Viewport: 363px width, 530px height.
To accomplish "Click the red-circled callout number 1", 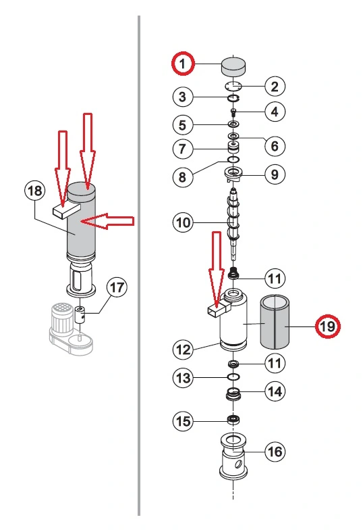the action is (x=183, y=64).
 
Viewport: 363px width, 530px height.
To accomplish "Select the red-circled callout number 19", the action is (x=327, y=326).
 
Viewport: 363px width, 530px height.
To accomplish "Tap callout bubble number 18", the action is (x=35, y=191).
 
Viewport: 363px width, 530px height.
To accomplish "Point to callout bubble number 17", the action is (x=117, y=287).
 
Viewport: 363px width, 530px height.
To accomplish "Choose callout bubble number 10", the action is (x=184, y=222).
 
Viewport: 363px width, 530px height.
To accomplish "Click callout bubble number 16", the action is (x=275, y=452).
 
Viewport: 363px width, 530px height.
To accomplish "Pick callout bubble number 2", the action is (x=275, y=87).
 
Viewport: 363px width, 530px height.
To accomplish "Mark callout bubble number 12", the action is (x=184, y=349).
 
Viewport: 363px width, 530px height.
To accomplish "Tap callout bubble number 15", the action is (x=184, y=421).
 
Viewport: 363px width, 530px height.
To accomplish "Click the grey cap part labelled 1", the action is (x=233, y=66).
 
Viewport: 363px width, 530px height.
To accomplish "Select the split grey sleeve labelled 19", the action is (x=275, y=322).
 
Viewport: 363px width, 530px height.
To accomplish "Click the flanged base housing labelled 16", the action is (x=233, y=457).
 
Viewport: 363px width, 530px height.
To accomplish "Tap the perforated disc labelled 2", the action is (x=233, y=87).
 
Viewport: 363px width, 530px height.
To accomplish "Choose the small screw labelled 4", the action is (x=233, y=112).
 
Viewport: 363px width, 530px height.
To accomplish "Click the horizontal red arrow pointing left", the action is (x=107, y=222).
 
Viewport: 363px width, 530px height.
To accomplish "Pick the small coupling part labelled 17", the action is (x=80, y=314).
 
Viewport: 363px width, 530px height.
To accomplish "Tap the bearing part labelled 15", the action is (x=233, y=420).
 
